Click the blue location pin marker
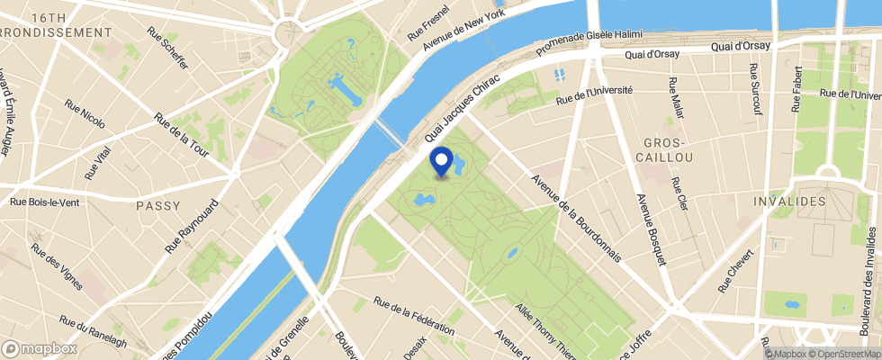pyautogui.click(x=442, y=161)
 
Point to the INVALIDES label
pyautogui.click(x=790, y=201)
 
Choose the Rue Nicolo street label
pyautogui.click(x=85, y=115)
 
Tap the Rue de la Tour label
pyautogui.click(x=182, y=135)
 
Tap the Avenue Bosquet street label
pyautogui.click(x=650, y=229)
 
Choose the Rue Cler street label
pyautogui.click(x=679, y=191)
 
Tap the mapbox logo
pyautogui.click(x=39, y=347)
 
